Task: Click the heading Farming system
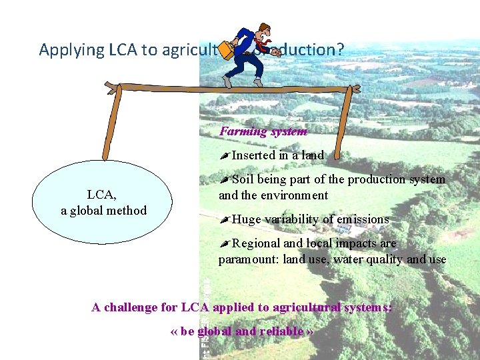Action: click(263, 131)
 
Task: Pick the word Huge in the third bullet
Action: click(247, 219)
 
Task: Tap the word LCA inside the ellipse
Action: click(102, 195)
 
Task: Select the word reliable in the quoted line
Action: click(279, 331)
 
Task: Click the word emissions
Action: click(363, 219)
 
